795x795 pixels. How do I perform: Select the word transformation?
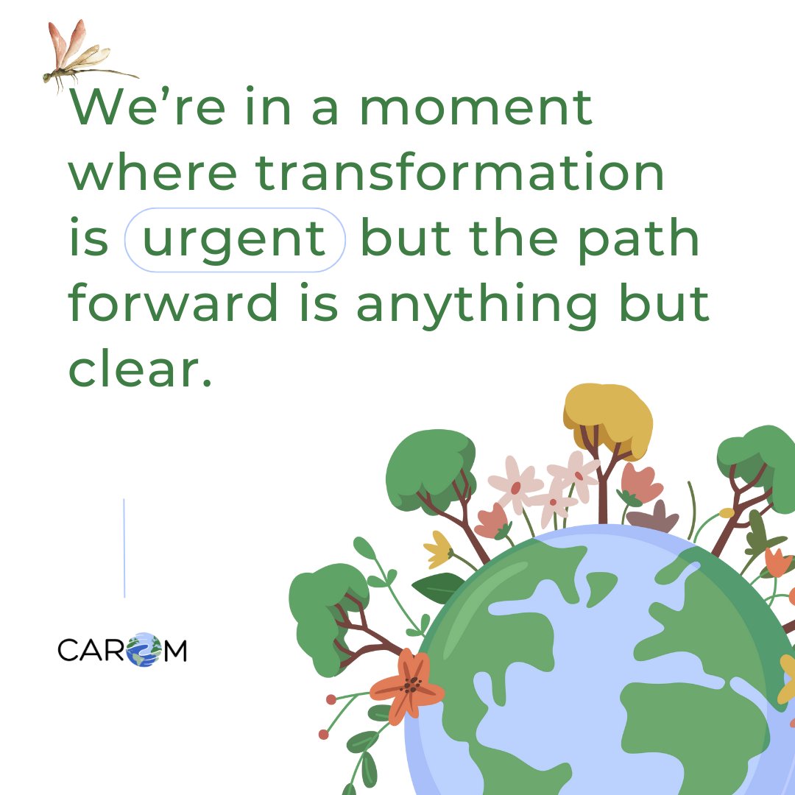coord(460,174)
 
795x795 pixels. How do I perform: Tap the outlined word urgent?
coord(234,240)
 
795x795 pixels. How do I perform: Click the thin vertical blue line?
coord(124,548)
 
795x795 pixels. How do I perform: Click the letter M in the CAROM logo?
coord(174,651)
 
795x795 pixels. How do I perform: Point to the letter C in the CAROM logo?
coord(68,651)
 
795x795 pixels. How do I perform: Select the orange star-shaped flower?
coord(407,685)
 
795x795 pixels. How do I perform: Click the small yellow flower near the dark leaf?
coord(439,549)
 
